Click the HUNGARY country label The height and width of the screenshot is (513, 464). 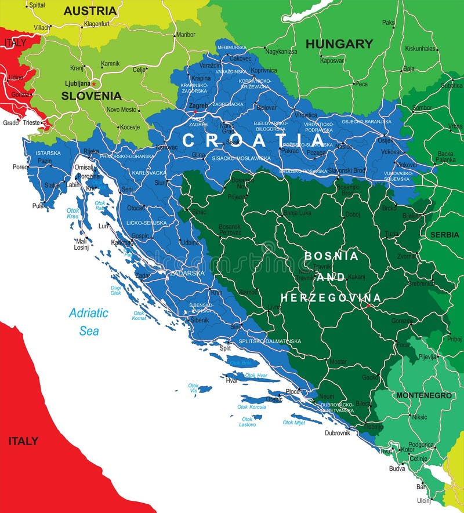click(339, 43)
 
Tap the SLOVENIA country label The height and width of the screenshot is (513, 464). click(92, 96)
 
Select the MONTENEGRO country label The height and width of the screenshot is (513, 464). click(423, 395)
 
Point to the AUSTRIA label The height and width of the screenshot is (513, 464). click(90, 11)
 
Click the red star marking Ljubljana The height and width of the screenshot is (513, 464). click(93, 84)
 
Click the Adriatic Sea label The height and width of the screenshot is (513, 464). click(89, 322)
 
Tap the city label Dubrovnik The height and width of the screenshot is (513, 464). click(337, 433)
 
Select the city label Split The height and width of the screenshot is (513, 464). click(225, 348)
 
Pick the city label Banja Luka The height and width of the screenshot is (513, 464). click(297, 213)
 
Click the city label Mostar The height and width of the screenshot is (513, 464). click(338, 362)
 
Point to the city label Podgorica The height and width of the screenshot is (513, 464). click(420, 445)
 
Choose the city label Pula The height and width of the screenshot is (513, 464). click(38, 205)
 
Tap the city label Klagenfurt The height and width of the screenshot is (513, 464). click(97, 24)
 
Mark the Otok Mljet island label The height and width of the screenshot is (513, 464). click(293, 423)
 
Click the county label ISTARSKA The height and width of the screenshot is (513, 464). click(48, 153)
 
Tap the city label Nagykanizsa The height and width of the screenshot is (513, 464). click(281, 52)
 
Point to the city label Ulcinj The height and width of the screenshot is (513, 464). click(424, 500)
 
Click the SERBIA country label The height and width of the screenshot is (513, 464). click(444, 235)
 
